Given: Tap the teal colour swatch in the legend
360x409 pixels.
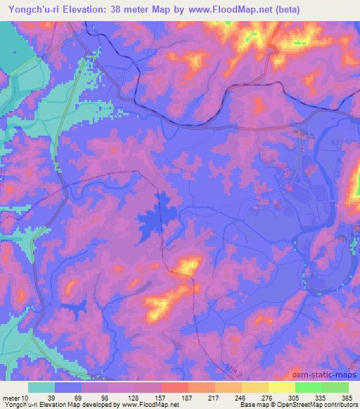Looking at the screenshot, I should tap(43, 387).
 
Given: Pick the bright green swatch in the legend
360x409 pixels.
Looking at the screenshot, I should tap(309, 387).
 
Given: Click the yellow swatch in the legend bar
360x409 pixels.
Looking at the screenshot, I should tap(282, 387).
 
